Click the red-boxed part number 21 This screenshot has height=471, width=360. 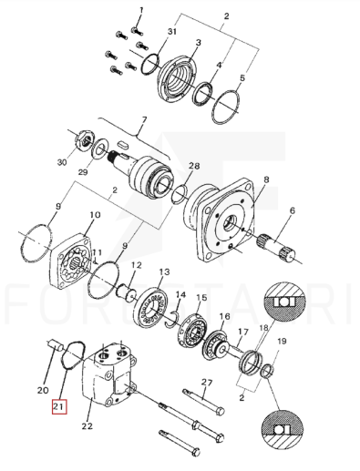click(x=59, y=407)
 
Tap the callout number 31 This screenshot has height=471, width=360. click(x=172, y=31)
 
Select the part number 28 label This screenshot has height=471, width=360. click(x=194, y=166)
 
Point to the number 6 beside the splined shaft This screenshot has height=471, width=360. click(x=292, y=210)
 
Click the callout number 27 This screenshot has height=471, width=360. click(x=207, y=383)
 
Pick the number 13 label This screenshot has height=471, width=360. click(x=164, y=271)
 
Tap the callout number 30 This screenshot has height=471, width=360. click(x=62, y=162)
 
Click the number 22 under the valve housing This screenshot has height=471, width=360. click(x=87, y=426)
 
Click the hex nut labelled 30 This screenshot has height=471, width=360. click(x=84, y=138)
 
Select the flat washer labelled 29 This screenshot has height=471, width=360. click(x=99, y=148)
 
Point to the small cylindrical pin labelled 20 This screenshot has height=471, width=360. click(x=55, y=346)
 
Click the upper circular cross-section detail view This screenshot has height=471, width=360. click(x=284, y=302)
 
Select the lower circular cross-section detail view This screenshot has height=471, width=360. click(x=283, y=430)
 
